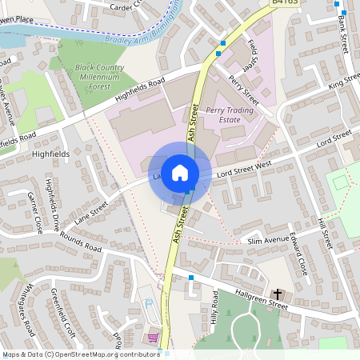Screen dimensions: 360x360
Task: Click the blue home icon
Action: pos(180,172)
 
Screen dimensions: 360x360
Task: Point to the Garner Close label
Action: pos(34,213)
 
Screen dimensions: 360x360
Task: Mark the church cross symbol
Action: pos(278,293)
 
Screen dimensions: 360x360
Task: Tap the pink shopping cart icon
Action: pos(153,338)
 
